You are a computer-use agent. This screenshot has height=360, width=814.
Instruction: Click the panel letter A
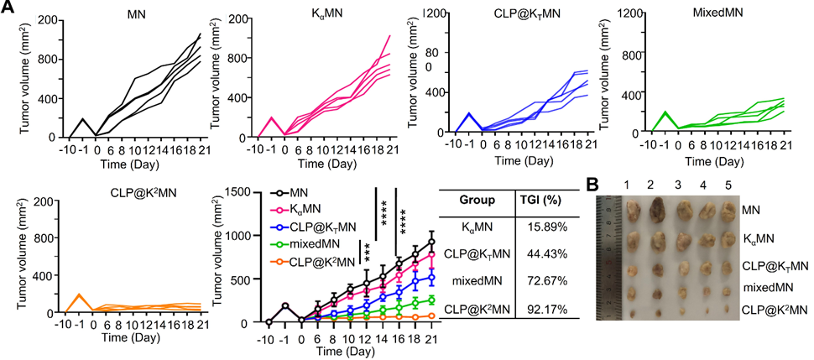8,8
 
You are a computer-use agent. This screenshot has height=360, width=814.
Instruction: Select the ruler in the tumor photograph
609,256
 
